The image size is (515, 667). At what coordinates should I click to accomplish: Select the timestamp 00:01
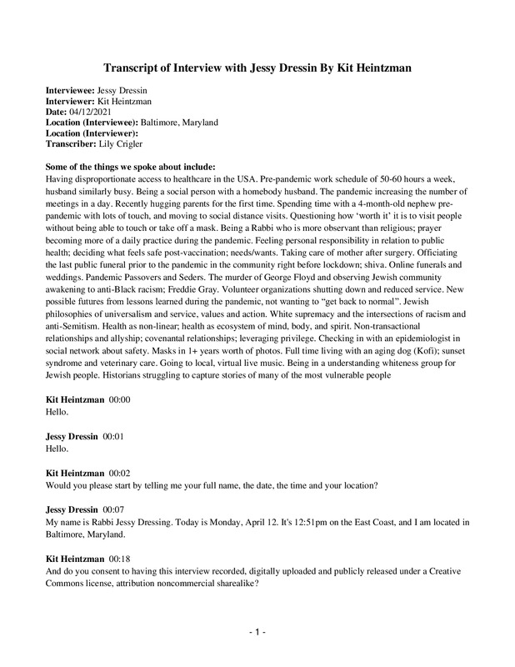[113, 436]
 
